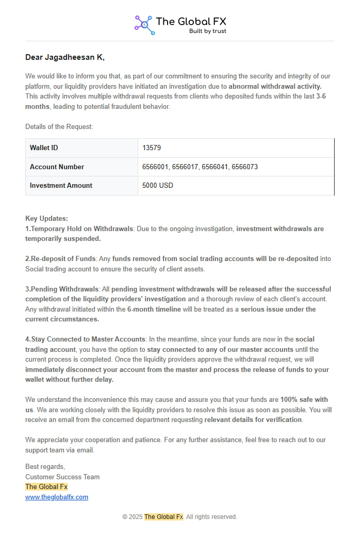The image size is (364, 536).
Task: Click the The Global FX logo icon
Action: pyautogui.click(x=144, y=24)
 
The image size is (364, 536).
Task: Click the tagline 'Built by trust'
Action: pyautogui.click(x=207, y=31)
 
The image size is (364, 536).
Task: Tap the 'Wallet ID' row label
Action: pyautogui.click(x=44, y=148)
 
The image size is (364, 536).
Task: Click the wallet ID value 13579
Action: pyautogui.click(x=152, y=148)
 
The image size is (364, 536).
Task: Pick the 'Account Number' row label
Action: pyautogui.click(x=57, y=167)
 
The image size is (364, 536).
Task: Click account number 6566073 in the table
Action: pyautogui.click(x=244, y=167)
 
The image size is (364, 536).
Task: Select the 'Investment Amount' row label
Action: pyautogui.click(x=61, y=186)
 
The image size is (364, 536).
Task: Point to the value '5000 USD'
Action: pyautogui.click(x=158, y=186)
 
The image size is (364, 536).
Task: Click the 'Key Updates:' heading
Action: pyautogui.click(x=46, y=219)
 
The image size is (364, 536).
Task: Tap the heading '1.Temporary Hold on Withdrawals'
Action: pyautogui.click(x=79, y=229)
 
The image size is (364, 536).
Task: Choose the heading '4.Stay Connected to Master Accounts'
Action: pyautogui.click(x=86, y=339)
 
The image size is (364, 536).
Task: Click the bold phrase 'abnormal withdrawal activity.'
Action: pyautogui.click(x=275, y=87)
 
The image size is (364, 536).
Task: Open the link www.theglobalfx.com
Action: pyautogui.click(x=57, y=497)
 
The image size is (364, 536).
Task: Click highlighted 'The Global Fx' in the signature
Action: pyautogui.click(x=46, y=487)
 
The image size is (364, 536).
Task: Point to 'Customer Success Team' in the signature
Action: pyautogui.click(x=62, y=477)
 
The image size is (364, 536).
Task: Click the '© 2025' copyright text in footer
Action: pyautogui.click(x=132, y=517)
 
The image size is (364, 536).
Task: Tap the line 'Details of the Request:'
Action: pyautogui.click(x=59, y=127)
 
